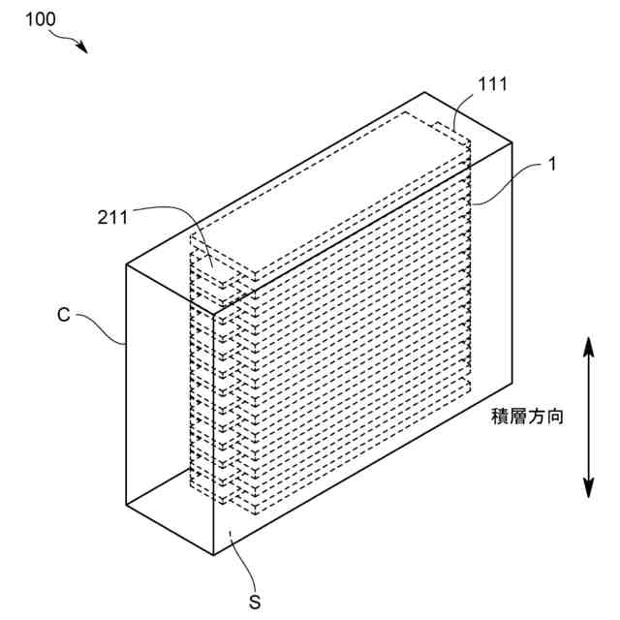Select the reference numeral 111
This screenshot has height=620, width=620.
(492, 85)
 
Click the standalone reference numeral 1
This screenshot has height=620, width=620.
(552, 164)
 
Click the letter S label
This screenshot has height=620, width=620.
(255, 603)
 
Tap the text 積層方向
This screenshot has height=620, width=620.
(528, 417)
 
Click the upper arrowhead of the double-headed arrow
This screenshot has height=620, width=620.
(587, 344)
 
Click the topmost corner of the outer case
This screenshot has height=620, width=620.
(426, 92)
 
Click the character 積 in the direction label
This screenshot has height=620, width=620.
(502, 417)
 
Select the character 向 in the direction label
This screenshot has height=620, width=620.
(555, 417)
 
